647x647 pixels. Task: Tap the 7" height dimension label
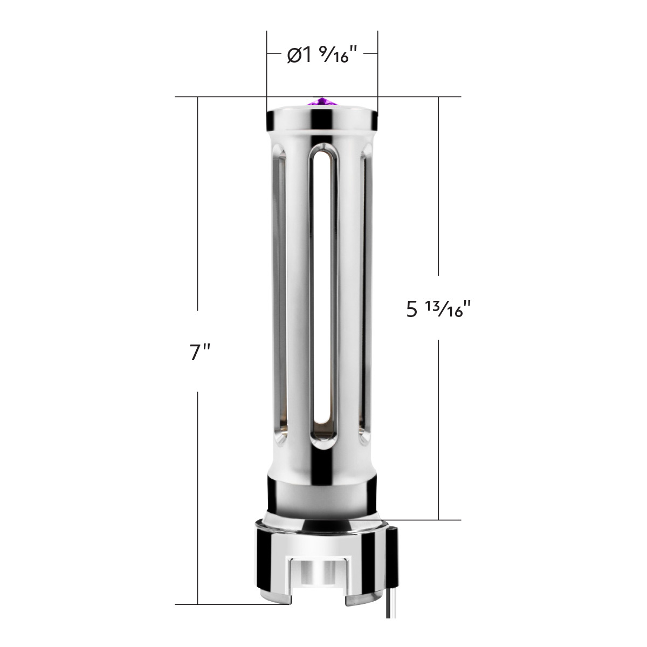pos(199,353)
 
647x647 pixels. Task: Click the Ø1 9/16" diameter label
pos(322,55)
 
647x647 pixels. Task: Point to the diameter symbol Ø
pos(294,56)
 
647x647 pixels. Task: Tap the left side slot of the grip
pos(280,295)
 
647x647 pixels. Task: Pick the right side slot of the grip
pos(366,295)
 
